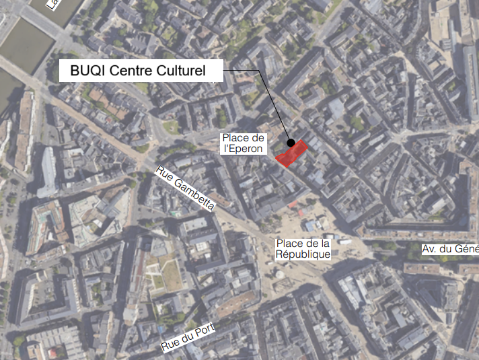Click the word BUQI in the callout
pos(87,70)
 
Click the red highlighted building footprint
pos(292,153)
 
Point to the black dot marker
pos(291,143)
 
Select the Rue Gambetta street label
pos(185,188)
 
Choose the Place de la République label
pos(303,248)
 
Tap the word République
pos(303,254)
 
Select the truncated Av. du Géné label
pos(449,249)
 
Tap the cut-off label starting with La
pos(51,4)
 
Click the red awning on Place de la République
pos(293,203)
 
